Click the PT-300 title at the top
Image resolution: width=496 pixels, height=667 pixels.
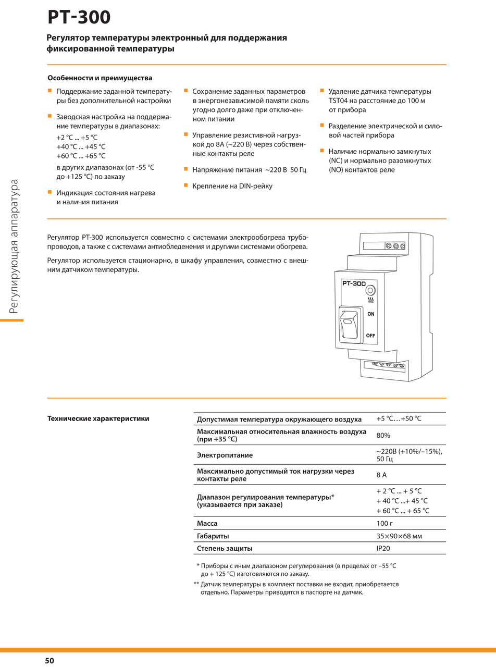tap(79, 17)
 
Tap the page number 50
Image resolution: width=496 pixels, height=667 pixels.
tap(49, 661)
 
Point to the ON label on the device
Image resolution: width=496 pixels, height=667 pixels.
tap(370, 314)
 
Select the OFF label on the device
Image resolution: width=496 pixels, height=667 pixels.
tap(370, 336)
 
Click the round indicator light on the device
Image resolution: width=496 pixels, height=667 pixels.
tap(370, 290)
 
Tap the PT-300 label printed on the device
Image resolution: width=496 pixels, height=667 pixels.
tap(354, 283)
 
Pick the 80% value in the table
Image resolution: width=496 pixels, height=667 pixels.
tap(383, 435)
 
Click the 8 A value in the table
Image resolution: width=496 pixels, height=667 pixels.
tap(381, 475)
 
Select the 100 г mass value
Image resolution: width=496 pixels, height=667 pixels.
tap(385, 523)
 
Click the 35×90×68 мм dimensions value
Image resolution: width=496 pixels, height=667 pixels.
tap(399, 536)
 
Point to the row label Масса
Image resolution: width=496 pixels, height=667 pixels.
tap(207, 523)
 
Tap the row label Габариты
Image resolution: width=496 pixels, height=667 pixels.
tap(213, 536)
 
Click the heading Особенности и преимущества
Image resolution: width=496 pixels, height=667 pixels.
tap(100, 78)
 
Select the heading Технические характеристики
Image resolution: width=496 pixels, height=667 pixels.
tap(98, 418)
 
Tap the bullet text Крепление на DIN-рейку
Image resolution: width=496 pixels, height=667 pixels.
tap(232, 186)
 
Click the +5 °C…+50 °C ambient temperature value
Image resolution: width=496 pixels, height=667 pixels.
tap(399, 419)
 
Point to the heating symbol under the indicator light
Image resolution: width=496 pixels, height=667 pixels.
tap(370, 301)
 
